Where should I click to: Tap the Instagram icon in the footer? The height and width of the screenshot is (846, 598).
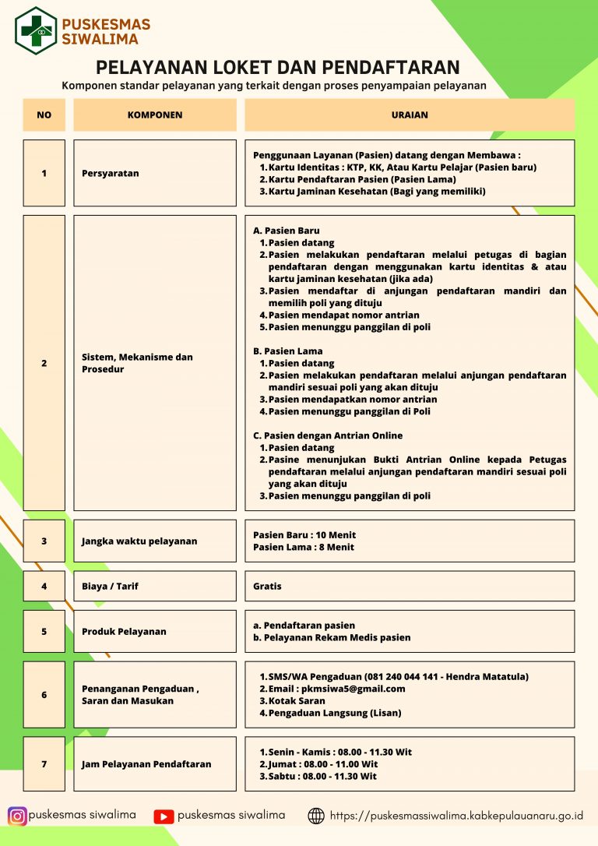click(x=17, y=816)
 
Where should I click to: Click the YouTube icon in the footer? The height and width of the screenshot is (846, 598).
click(x=164, y=816)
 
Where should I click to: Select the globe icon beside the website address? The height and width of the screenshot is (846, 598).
click(x=316, y=816)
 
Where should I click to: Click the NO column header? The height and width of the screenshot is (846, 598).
click(x=44, y=115)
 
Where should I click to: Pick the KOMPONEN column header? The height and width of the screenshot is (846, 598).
click(x=155, y=115)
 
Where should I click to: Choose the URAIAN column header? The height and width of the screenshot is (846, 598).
click(x=410, y=115)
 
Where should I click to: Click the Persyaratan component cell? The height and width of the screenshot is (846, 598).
click(x=155, y=173)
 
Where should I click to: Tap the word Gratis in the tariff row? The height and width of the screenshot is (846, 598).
click(x=267, y=586)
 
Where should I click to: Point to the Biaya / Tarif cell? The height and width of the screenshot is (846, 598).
click(x=155, y=586)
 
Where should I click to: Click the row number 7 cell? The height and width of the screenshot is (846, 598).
click(x=44, y=764)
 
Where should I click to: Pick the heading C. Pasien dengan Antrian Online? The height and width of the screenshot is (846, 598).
click(x=328, y=435)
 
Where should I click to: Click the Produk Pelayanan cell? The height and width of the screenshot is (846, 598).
click(x=155, y=631)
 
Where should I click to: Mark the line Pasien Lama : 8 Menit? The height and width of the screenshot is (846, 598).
click(x=304, y=547)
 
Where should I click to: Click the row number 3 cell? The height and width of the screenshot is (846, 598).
click(x=44, y=541)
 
